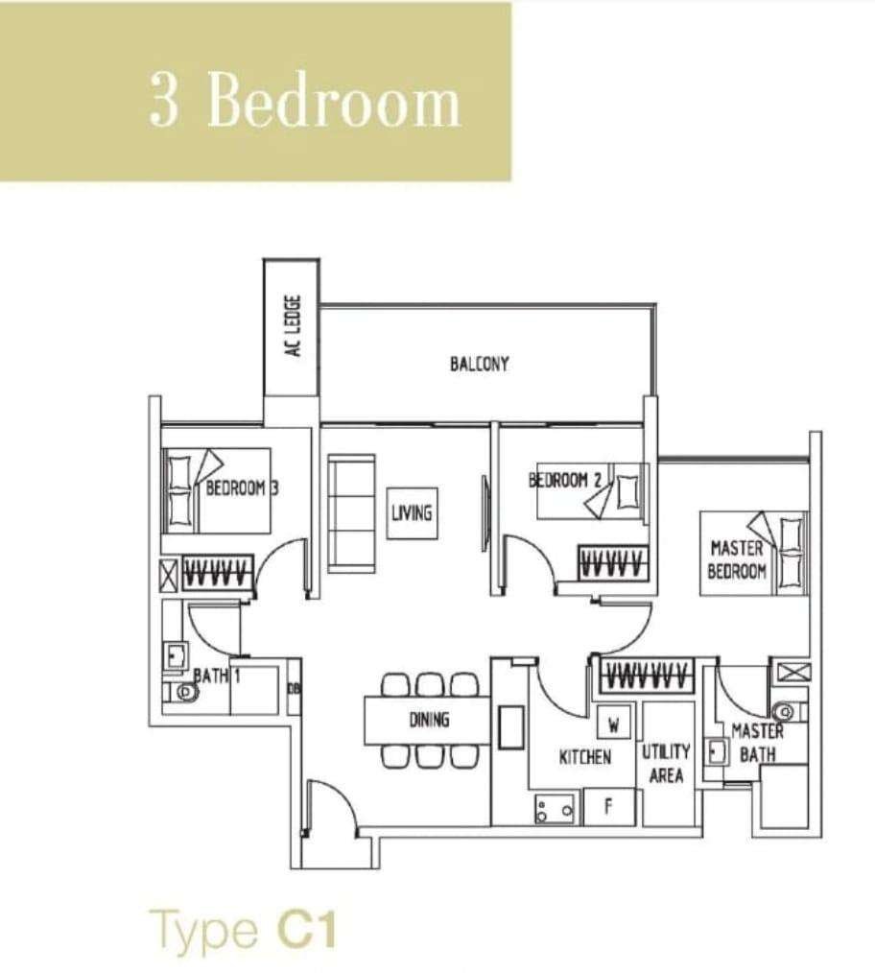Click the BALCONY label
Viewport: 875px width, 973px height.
[x=479, y=364]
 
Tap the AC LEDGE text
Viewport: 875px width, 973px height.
[x=294, y=326]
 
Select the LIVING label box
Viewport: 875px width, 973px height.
[x=412, y=512]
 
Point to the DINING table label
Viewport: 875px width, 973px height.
[x=429, y=720]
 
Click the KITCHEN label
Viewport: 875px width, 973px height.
[x=584, y=757]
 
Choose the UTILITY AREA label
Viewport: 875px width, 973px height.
[x=666, y=763]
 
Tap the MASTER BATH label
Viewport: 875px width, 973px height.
[x=758, y=742]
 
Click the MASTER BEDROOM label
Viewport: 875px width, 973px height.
[x=737, y=559]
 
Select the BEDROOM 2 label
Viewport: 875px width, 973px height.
[x=565, y=480]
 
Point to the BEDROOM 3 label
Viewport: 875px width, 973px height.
[x=242, y=487]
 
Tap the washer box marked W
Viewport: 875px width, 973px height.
[x=614, y=724]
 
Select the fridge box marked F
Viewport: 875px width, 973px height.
[x=609, y=807]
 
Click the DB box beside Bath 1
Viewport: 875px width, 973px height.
[x=295, y=687]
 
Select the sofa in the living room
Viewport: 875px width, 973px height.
[x=351, y=513]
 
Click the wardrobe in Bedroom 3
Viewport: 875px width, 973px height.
[x=218, y=572]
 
